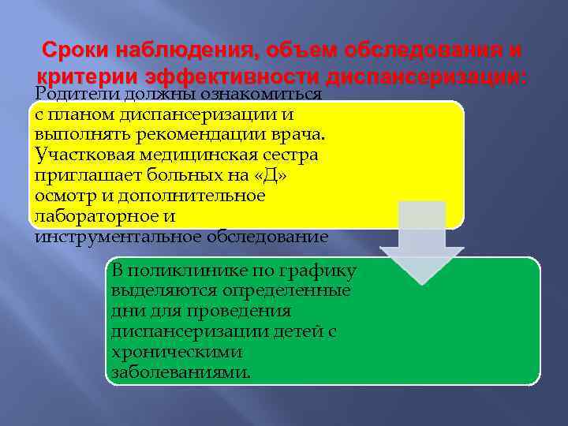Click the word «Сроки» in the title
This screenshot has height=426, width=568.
coord(74,50)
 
